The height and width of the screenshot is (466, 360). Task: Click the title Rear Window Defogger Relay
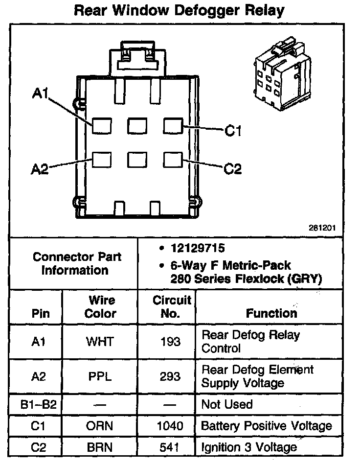point(179,10)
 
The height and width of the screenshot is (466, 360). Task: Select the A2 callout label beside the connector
point(40,169)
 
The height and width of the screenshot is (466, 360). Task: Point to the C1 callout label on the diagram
point(233,131)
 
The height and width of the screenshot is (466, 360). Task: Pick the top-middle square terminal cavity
point(137,126)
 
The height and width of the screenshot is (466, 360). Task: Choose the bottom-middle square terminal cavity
point(137,160)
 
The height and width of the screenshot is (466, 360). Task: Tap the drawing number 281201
point(322,228)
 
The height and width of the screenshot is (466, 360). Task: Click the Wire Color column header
point(100,306)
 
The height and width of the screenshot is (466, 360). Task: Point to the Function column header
point(271,313)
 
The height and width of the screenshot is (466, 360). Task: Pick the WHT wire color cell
point(100,342)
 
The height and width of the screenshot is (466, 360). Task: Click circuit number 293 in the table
point(170,376)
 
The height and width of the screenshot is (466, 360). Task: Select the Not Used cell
point(227,404)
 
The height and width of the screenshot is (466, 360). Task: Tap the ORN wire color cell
point(100,426)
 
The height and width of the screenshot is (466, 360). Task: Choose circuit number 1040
point(170,426)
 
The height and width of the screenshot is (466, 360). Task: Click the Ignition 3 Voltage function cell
point(249,447)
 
